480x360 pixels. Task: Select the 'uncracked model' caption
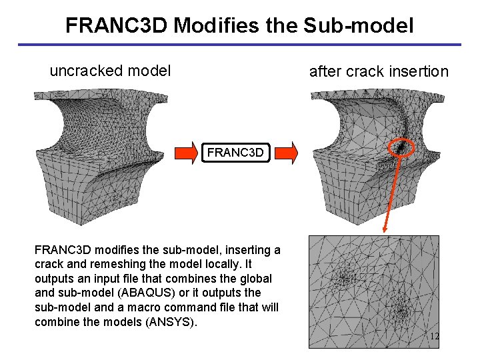coord(110,70)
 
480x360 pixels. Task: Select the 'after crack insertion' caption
coord(379,71)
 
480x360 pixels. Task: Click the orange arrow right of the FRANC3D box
coord(285,153)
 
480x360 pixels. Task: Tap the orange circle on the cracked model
coord(402,147)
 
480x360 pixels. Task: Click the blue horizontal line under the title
coord(239,45)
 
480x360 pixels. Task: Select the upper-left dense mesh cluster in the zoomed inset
coord(347,271)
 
